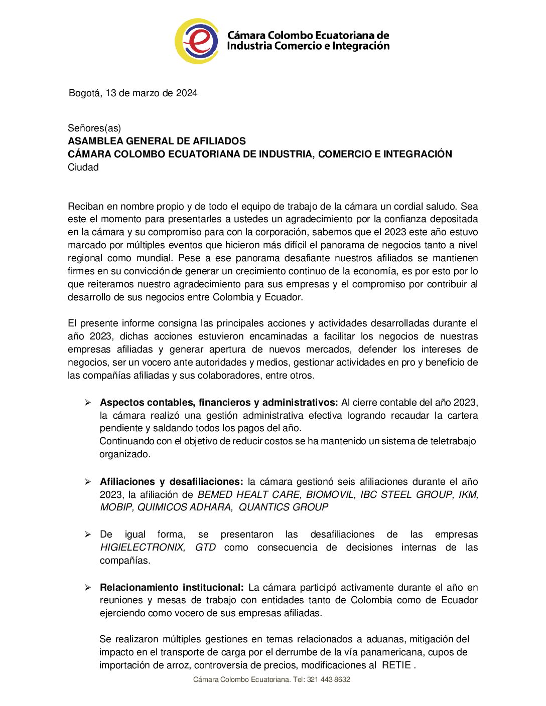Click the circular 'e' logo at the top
(197, 41)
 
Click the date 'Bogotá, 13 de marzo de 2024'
(133, 93)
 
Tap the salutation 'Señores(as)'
(94, 128)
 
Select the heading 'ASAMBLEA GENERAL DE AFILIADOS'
(157, 141)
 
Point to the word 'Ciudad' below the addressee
(83, 167)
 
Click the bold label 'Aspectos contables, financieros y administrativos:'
(219, 403)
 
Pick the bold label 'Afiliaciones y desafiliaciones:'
(171, 482)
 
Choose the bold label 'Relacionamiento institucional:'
(172, 588)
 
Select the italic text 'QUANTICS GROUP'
(284, 507)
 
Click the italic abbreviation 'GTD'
(205, 548)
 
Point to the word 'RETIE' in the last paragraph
(396, 665)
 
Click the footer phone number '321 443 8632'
(329, 680)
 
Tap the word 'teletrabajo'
(453, 441)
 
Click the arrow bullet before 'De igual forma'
(88, 535)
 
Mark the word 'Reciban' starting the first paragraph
(86, 207)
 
